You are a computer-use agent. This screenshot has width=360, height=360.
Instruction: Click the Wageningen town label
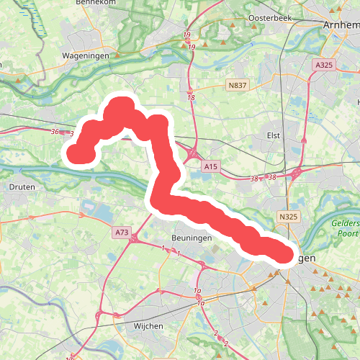(85, 55)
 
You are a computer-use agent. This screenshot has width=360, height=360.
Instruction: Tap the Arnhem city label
(338, 24)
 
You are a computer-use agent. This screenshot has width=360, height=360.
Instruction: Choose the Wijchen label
(148, 326)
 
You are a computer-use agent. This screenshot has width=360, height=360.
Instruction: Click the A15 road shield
(210, 167)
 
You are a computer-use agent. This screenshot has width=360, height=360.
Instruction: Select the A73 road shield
(121, 233)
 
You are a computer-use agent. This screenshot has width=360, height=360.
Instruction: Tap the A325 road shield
(323, 66)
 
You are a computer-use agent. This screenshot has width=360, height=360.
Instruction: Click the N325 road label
(289, 216)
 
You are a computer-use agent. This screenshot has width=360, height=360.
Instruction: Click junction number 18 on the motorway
(190, 97)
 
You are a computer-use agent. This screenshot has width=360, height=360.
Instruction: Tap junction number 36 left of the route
(55, 132)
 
